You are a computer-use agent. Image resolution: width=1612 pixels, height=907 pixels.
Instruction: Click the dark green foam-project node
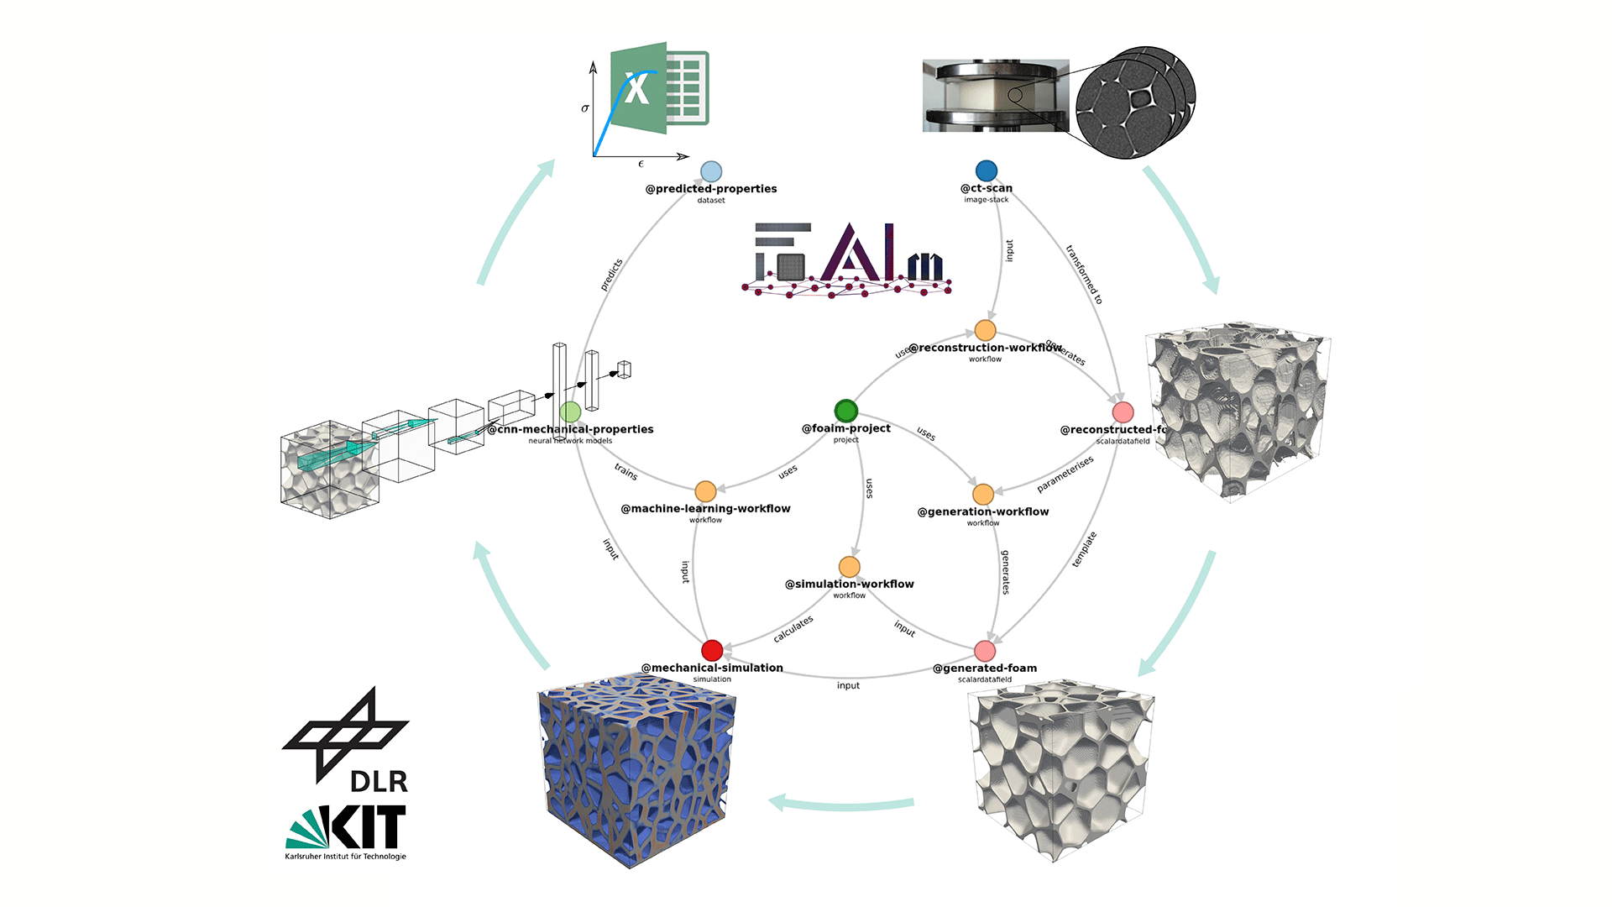[x=845, y=411]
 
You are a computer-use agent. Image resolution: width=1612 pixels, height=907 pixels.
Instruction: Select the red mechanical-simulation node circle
[x=712, y=650]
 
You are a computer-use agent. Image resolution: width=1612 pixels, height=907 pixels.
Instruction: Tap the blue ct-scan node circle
[x=987, y=171]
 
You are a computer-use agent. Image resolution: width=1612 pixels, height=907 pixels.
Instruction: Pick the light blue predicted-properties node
[x=711, y=172]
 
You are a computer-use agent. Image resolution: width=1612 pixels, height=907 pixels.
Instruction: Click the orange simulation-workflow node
[x=850, y=567]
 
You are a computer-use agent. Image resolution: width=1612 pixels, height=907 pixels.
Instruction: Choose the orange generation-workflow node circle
[x=983, y=494]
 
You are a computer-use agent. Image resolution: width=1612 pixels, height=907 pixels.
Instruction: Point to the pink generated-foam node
[x=985, y=651]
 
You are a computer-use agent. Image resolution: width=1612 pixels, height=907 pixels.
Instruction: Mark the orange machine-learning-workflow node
[x=705, y=491]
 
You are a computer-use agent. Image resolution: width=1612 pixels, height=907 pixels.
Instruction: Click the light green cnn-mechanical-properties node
[x=570, y=412]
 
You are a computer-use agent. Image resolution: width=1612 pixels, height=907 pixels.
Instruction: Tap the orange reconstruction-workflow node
[x=985, y=330]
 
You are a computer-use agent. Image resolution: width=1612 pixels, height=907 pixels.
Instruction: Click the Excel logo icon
[x=660, y=87]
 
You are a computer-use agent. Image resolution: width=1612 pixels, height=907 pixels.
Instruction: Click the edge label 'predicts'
[x=611, y=275]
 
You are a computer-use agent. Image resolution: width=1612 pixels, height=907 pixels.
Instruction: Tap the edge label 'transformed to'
[x=1084, y=274]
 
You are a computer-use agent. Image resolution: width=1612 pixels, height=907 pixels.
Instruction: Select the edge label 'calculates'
[x=793, y=628]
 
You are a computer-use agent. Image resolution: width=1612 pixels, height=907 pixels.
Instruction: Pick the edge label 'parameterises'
[x=1065, y=474]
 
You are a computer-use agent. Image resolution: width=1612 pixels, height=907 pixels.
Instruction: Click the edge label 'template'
[x=1084, y=549]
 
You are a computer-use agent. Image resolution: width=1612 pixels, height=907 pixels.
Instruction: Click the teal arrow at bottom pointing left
[x=840, y=803]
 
